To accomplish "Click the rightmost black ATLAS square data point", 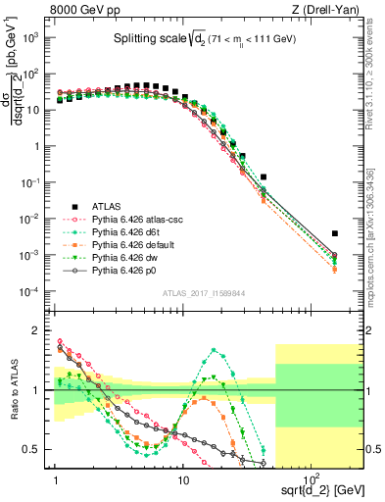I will (335, 233).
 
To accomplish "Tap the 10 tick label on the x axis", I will (183, 471).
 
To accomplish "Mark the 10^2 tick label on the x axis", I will (309, 471).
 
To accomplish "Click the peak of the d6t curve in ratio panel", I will (213, 350).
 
